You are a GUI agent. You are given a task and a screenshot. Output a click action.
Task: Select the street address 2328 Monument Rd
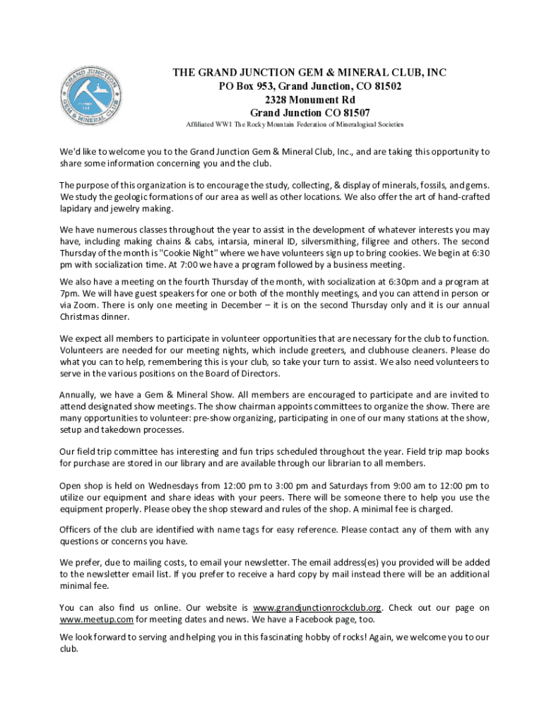click(x=310, y=100)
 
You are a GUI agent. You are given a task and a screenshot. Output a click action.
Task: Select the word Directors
click(x=256, y=374)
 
